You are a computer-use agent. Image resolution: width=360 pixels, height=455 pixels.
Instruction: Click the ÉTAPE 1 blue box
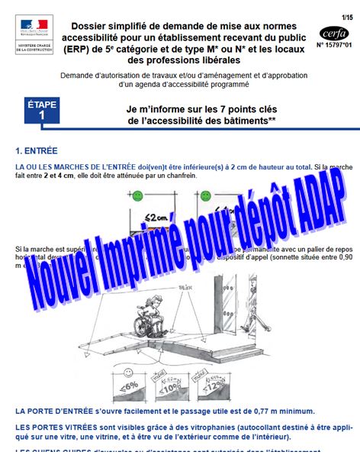[x=41, y=109]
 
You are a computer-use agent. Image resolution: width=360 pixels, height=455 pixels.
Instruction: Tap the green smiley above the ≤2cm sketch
[x=137, y=196]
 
